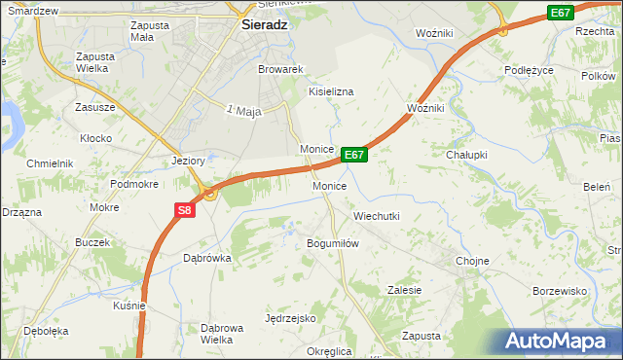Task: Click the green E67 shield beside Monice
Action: [x=353, y=155]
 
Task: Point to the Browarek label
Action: [x=281, y=70]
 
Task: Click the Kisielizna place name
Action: [x=331, y=91]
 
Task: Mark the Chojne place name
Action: [x=472, y=262]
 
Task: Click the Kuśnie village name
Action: [x=129, y=306]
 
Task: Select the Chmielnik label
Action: [x=51, y=163]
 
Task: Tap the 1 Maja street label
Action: [x=244, y=112]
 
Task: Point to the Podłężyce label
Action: [x=530, y=70]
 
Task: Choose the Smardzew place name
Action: [x=31, y=10]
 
